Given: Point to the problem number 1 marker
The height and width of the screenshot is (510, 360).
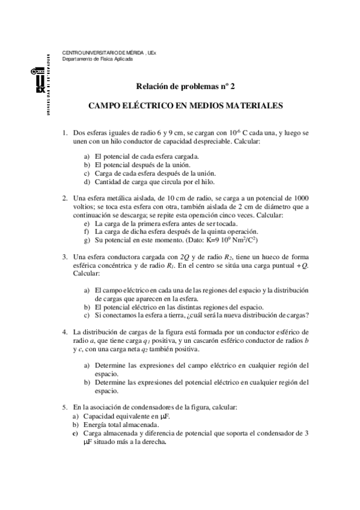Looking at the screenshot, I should (65, 131).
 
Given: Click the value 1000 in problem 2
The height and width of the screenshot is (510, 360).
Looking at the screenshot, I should (298, 198).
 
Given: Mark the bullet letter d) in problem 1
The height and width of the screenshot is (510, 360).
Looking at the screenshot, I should (88, 182).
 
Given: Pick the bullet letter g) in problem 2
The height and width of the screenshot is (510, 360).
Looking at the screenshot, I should (88, 240).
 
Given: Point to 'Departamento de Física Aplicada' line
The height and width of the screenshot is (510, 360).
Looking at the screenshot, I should (98, 59).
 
